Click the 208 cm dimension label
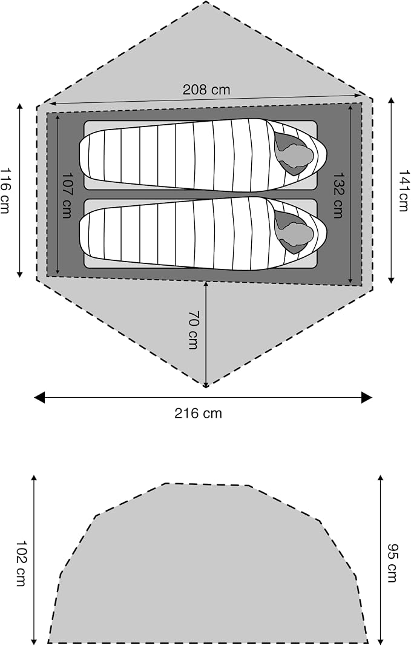[206, 90]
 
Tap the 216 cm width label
[198, 413]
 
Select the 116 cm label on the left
[6, 190]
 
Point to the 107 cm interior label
[67, 195]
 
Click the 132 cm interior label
[338, 195]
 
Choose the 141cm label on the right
[404, 190]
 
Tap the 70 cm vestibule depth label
[192, 330]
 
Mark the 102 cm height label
[21, 563]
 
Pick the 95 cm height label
[392, 563]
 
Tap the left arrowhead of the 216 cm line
[39, 398]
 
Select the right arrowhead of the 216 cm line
[367, 398]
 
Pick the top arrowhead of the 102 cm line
[34, 478]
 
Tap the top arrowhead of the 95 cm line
[381, 478]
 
